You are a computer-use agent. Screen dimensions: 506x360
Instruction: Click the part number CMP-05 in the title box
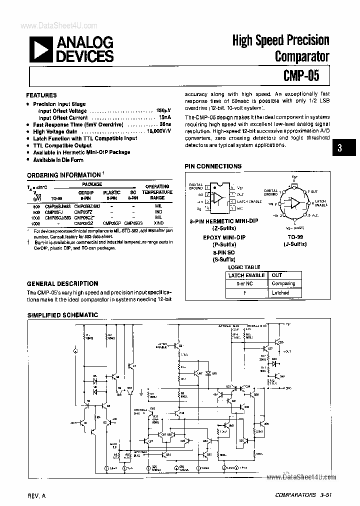302,76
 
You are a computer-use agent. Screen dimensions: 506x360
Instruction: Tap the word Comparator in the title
301,55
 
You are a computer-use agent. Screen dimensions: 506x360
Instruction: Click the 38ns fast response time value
165,124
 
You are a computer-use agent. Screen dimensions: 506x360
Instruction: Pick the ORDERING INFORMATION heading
63,175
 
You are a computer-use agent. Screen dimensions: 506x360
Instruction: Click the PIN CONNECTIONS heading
213,166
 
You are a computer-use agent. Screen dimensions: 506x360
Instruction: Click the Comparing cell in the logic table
284,283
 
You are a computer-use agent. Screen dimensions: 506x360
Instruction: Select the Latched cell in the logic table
280,293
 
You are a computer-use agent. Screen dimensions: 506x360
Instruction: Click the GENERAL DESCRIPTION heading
62,283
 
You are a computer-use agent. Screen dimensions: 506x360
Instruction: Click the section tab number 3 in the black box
339,148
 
